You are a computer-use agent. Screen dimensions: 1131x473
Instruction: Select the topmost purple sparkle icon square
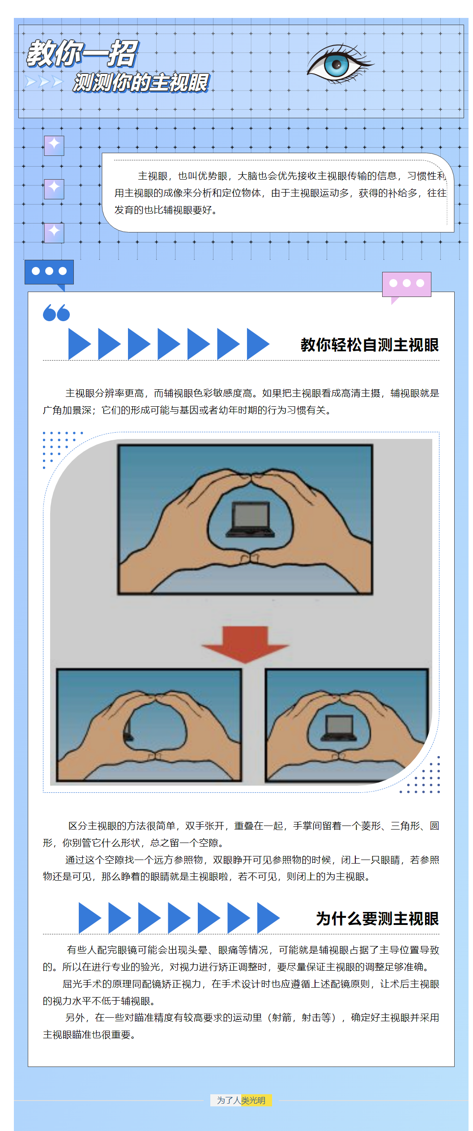click(x=54, y=146)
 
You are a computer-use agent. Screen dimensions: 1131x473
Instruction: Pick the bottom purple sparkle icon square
click(x=54, y=232)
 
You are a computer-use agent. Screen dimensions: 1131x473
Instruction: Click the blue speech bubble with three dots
click(x=49, y=271)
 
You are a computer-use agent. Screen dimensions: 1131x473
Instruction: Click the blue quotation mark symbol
click(x=56, y=313)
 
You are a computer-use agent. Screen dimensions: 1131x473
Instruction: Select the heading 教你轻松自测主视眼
click(x=369, y=345)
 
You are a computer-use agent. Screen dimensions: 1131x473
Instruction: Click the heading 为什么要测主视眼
click(x=377, y=919)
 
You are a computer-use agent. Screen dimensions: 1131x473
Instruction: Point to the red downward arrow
click(x=245, y=643)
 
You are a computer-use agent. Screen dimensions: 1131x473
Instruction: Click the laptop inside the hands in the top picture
click(x=250, y=520)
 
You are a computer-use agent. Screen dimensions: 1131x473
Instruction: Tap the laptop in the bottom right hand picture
click(x=339, y=728)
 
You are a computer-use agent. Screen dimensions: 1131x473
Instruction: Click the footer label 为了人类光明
click(x=241, y=1100)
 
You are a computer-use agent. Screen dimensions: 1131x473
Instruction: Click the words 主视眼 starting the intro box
click(x=153, y=176)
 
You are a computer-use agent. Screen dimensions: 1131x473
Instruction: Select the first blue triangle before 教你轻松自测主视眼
click(x=79, y=344)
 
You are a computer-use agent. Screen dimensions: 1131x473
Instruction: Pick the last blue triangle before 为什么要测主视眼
click(x=267, y=918)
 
